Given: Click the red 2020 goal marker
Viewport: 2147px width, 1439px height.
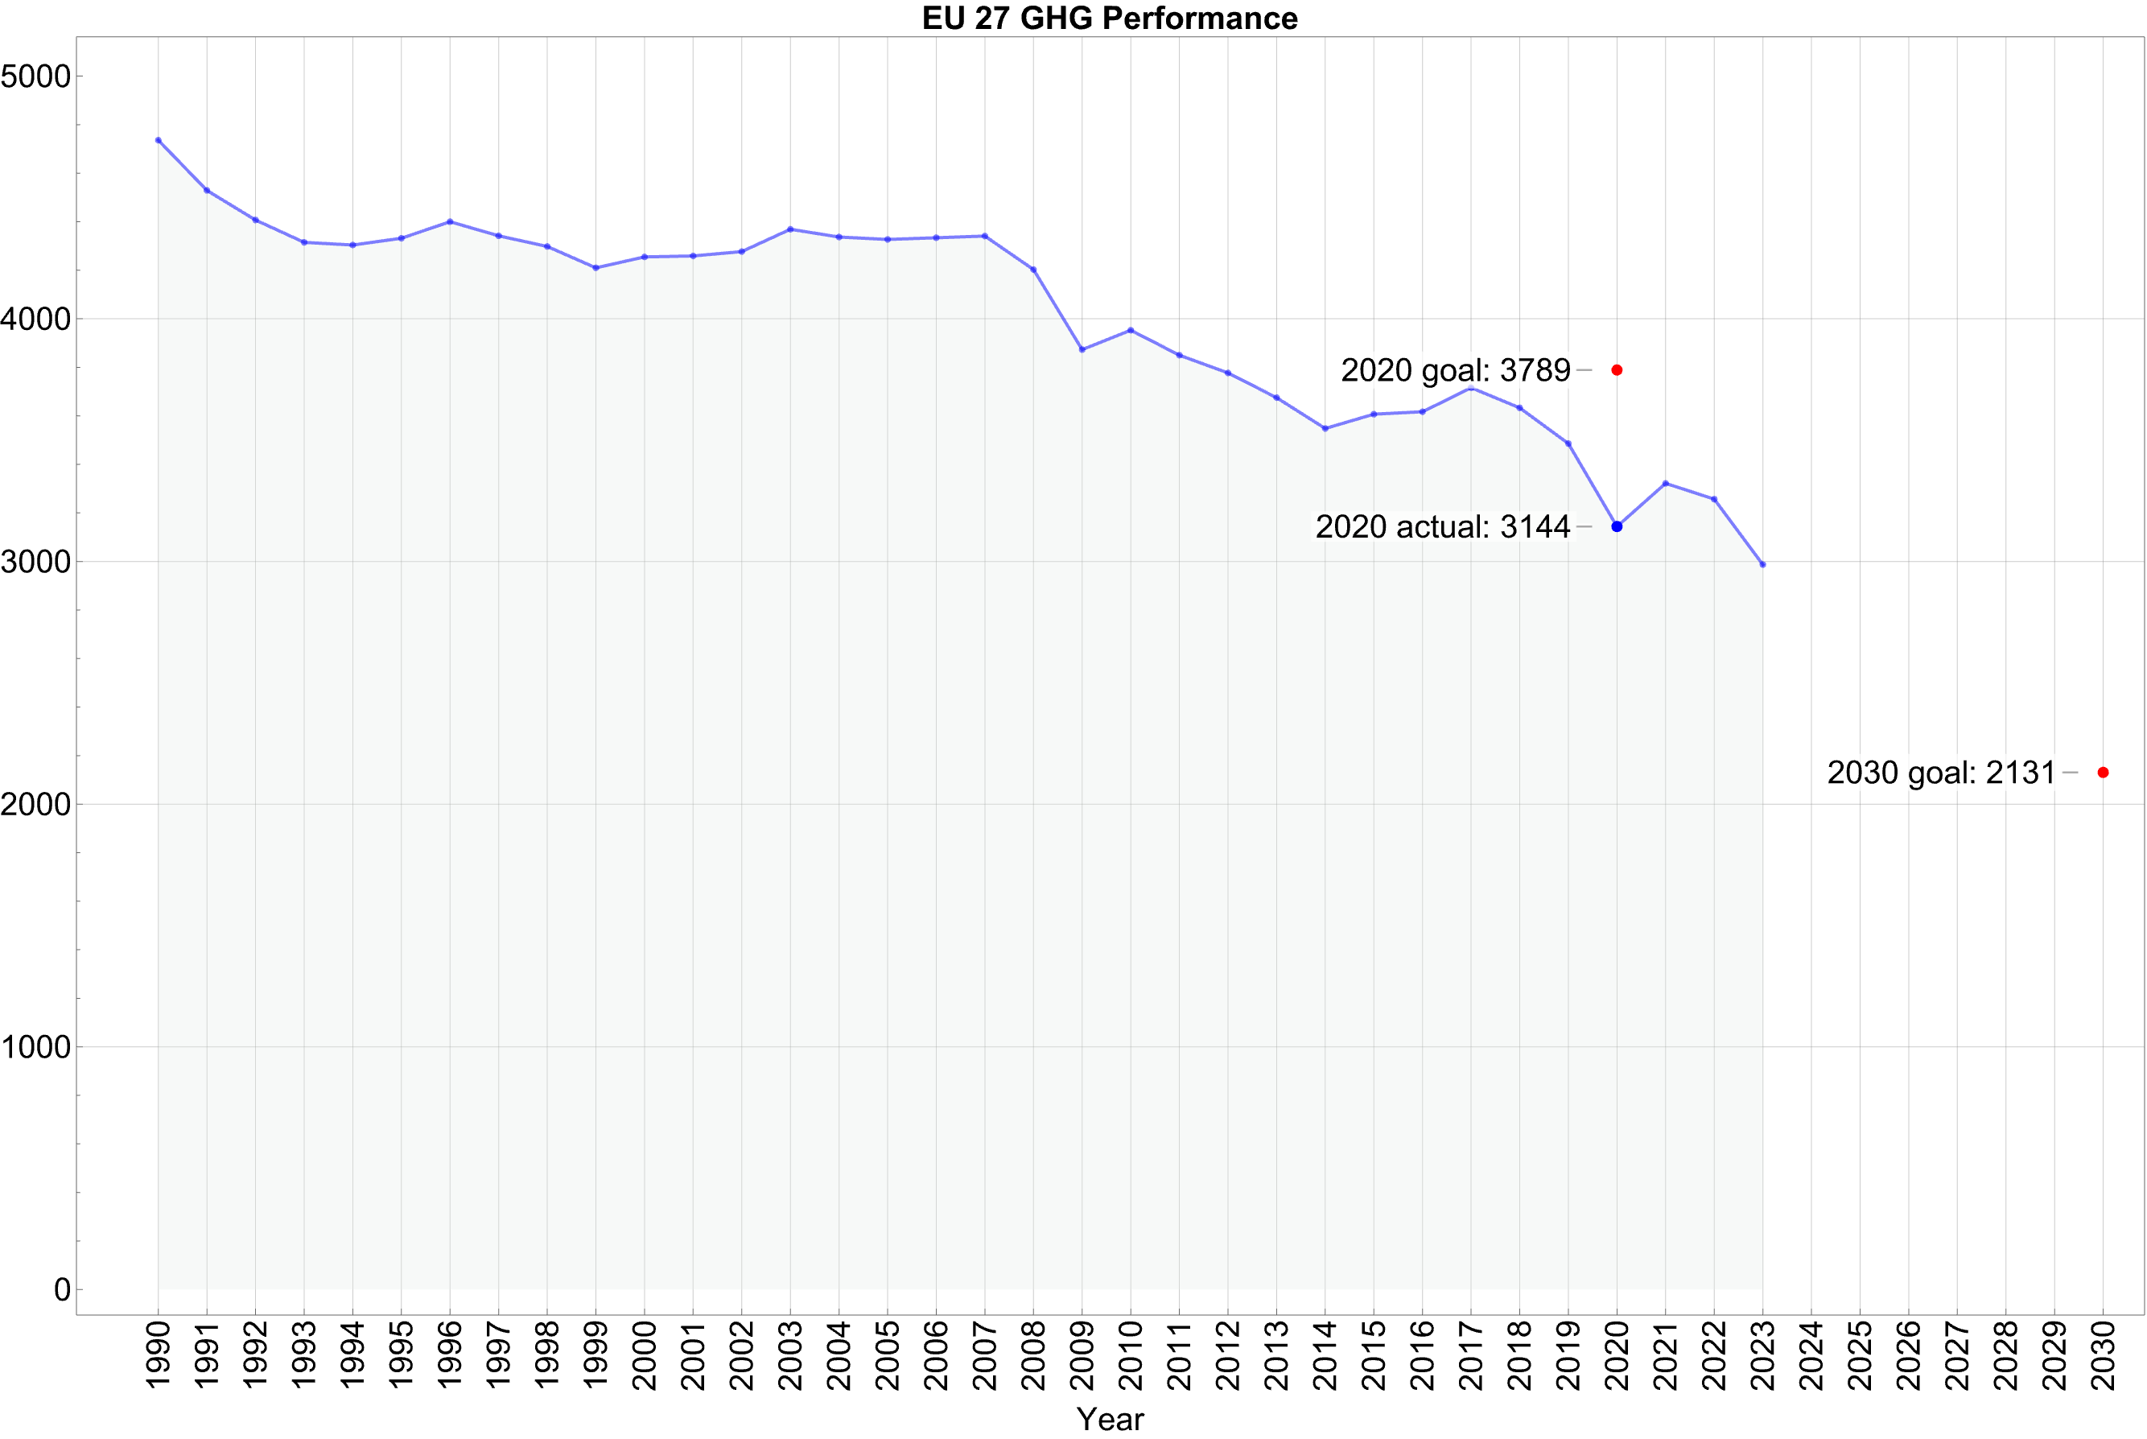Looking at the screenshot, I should (1617, 370).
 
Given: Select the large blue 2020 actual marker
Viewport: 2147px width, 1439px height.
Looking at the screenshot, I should (1617, 527).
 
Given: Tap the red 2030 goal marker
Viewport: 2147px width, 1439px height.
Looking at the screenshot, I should (2103, 773).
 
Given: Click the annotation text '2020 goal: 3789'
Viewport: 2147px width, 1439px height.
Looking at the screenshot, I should (1455, 371).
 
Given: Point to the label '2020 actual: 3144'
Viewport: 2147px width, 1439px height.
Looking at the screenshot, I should (1442, 527).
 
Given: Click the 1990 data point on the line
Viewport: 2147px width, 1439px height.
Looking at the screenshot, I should (159, 140).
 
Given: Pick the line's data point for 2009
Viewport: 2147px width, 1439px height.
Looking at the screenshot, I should (1082, 349).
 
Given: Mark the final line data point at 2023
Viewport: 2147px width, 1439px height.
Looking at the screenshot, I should (1762, 564).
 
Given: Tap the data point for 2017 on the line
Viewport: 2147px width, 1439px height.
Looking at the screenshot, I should (1471, 388).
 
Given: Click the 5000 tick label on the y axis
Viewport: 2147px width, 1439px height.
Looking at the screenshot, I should (35, 76).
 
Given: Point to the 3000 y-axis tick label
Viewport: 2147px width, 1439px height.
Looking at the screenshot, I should (35, 562).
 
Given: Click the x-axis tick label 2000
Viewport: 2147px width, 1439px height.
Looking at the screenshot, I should (645, 1355).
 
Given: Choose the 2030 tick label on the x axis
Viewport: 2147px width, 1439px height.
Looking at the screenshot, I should (2103, 1355).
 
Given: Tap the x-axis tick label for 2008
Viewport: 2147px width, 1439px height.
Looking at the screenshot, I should (1034, 1355).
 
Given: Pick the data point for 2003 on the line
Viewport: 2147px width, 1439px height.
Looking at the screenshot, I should (791, 229).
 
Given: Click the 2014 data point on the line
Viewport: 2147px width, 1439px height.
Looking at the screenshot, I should (1325, 429).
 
